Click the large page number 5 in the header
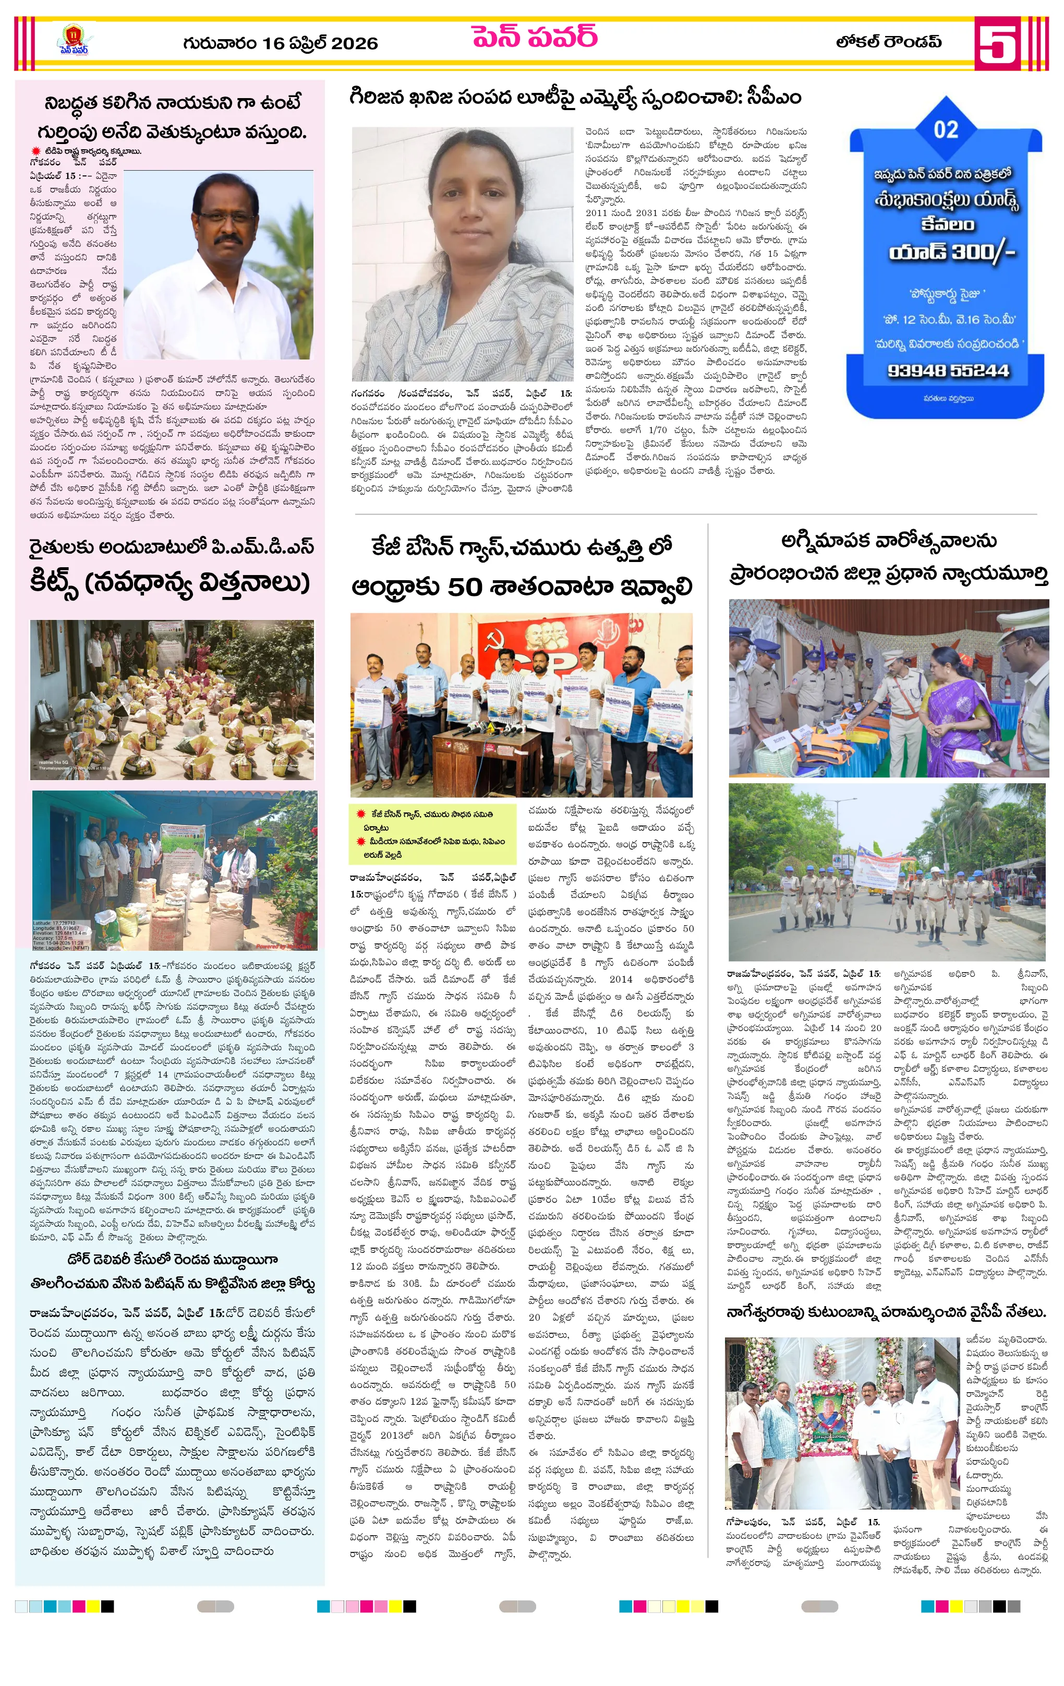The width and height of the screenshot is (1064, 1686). point(997,43)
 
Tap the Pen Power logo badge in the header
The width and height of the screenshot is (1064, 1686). point(74,41)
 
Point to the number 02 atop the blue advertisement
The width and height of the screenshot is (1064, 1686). point(945,129)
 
